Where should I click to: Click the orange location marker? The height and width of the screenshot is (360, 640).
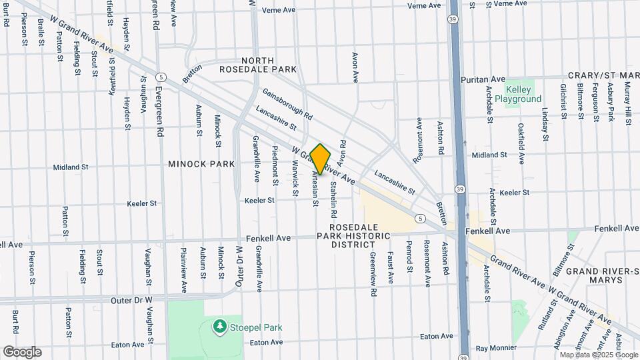point(321,159)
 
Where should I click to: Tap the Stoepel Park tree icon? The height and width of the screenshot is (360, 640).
point(219,326)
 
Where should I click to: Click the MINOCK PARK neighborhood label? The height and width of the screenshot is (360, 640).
point(201,163)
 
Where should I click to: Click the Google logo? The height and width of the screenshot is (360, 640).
point(22,352)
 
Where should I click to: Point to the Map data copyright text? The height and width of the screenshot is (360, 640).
point(589,355)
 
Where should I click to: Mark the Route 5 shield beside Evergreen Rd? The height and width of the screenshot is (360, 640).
point(161,77)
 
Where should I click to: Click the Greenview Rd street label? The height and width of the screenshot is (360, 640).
point(374,274)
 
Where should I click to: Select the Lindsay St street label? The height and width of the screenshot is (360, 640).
point(545,125)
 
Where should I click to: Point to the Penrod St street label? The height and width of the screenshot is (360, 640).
point(409,255)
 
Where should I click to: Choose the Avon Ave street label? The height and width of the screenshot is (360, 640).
point(355,67)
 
